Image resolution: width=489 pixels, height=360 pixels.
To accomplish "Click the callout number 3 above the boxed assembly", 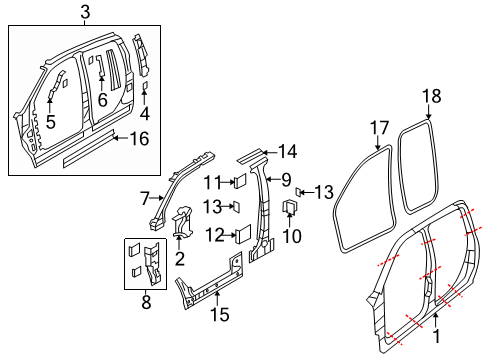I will click(85, 12).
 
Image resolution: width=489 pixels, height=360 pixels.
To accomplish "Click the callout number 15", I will click(220, 315).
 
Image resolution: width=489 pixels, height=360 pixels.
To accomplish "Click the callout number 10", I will click(291, 236).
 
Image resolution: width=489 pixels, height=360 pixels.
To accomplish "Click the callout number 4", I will click(144, 113).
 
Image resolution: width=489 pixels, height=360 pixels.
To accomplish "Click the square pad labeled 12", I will click(241, 234).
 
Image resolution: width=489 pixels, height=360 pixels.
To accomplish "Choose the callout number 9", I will click(286, 180).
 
